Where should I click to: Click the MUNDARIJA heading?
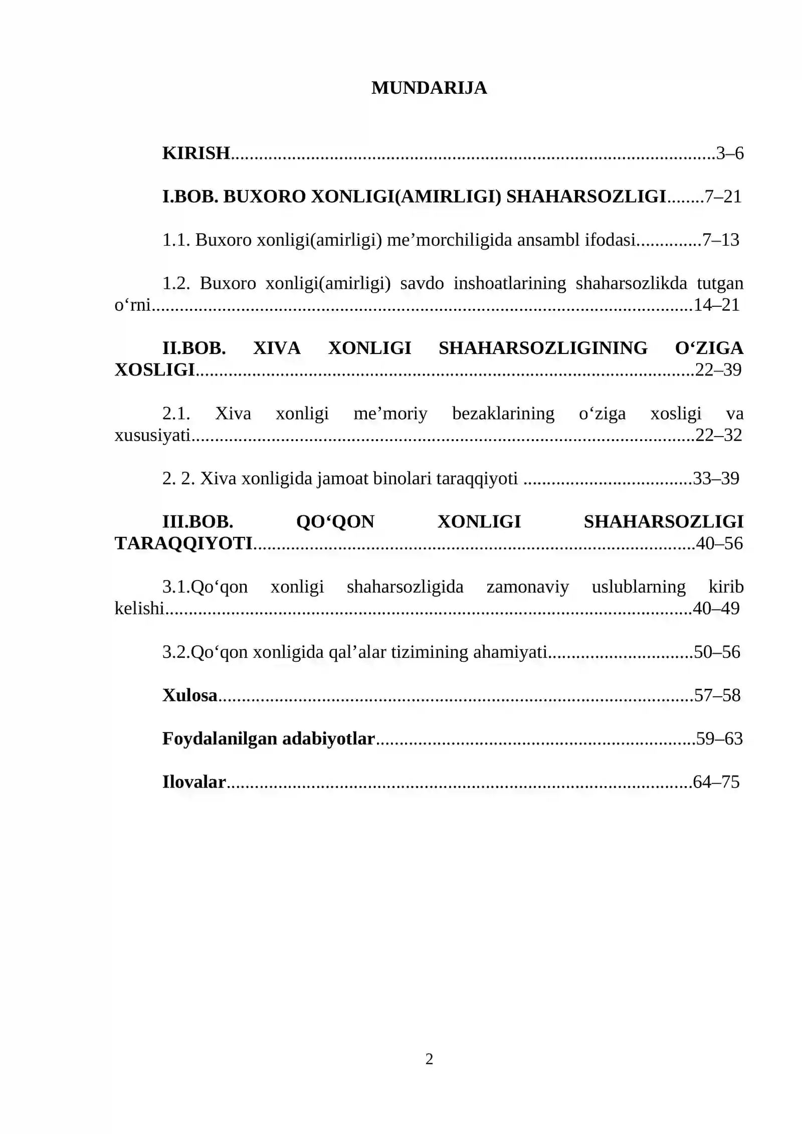click(x=429, y=88)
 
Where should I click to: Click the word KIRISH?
click(x=196, y=153)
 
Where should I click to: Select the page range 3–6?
click(x=730, y=153)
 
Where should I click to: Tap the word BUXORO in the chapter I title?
click(x=264, y=197)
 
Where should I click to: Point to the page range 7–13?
click(x=721, y=240)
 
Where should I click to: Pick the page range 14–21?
click(x=716, y=305)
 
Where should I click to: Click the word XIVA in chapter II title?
click(x=277, y=348)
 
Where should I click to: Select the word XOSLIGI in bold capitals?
click(x=154, y=370)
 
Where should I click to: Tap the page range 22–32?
click(x=718, y=435)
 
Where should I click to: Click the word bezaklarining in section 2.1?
click(x=503, y=413)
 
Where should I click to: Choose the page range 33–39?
click(x=716, y=478)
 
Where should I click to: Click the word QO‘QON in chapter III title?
click(x=335, y=522)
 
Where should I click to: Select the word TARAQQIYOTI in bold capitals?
click(x=183, y=543)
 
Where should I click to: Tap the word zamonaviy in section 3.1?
click(x=527, y=587)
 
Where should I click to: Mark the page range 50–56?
click(x=717, y=652)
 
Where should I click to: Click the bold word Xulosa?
click(x=189, y=695)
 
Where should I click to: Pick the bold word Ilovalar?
click(x=194, y=782)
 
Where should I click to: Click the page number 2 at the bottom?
click(x=429, y=1059)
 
